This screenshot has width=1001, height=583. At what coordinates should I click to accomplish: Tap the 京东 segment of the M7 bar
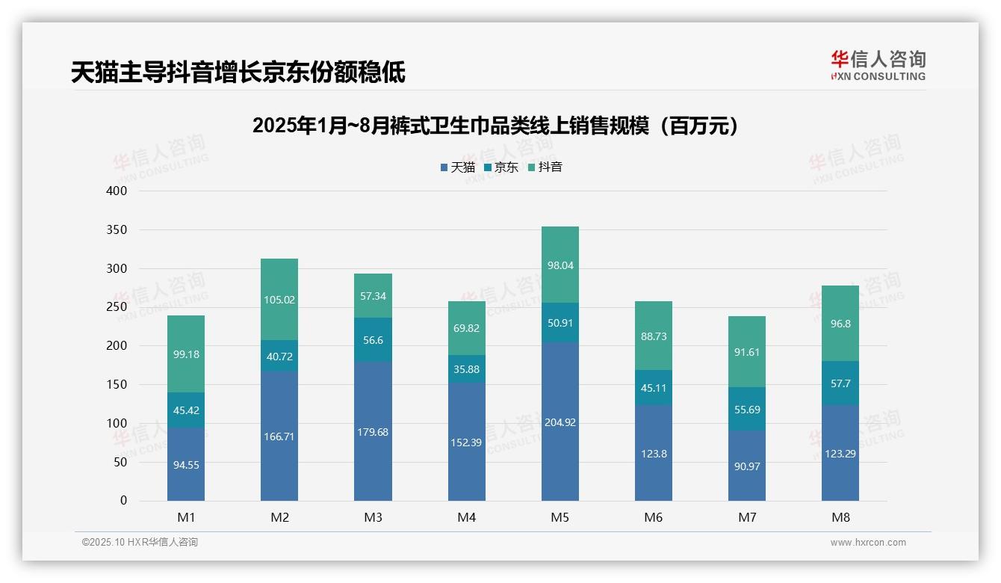coord(746,409)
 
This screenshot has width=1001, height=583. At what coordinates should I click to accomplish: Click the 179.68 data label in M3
coord(373,432)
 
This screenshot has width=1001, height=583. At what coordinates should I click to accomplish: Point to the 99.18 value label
coord(186,354)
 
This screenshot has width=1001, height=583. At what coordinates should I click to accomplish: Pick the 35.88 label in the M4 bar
coord(466,368)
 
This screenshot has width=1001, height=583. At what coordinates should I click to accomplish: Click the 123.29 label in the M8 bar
coord(840,453)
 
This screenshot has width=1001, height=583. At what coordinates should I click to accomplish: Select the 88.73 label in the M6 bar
coord(654,336)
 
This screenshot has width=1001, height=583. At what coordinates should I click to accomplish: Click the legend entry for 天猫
coord(458,167)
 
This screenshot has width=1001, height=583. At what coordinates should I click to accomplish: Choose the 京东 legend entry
coord(501,167)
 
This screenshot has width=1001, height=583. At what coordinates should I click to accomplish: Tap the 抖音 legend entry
coord(545,167)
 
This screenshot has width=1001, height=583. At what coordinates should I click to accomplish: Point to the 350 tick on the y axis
coord(117,229)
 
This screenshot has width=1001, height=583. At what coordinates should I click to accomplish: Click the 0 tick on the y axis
coord(123,501)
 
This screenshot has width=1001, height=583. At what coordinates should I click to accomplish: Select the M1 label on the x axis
coord(186,517)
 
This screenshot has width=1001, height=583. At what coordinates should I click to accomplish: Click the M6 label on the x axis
coord(654,517)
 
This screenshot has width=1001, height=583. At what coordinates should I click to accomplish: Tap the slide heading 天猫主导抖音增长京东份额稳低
coord(238,73)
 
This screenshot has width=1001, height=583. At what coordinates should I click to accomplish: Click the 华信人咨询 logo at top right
coord(878,65)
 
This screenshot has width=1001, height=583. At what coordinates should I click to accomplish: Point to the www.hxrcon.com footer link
coord(868,543)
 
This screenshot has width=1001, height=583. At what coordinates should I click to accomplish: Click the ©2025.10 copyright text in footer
coord(140,543)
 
